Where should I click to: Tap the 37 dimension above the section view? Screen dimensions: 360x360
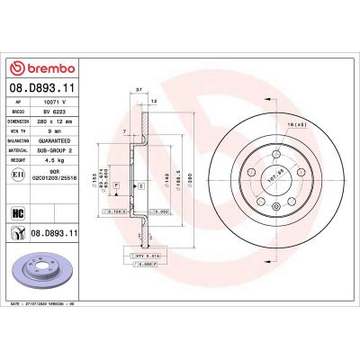coord(139,91)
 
